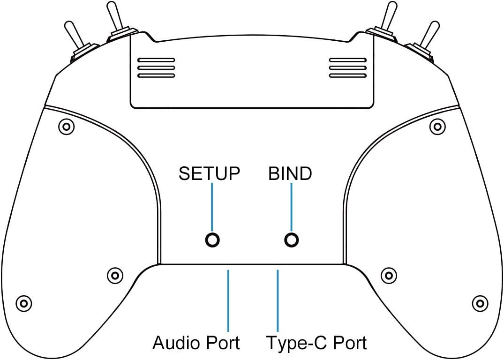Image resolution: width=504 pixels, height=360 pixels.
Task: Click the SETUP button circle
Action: [213, 240]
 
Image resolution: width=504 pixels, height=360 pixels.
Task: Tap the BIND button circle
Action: [292, 240]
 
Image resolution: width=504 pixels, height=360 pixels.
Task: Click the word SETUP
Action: [210, 174]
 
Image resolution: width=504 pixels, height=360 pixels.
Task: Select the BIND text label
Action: [290, 174]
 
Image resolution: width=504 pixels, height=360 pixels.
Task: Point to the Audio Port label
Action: [196, 343]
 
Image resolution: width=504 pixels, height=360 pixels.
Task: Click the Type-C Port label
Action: [316, 343]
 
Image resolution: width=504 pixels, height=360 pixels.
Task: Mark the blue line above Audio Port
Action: [228, 300]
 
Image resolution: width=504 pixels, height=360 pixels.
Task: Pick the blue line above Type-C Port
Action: [278, 300]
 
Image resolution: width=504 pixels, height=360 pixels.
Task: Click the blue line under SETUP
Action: [212, 206]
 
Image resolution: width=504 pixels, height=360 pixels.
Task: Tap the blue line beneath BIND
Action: [292, 206]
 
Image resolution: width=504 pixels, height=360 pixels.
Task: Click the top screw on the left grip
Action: [66, 126]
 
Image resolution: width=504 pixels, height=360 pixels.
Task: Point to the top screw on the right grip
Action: [437, 126]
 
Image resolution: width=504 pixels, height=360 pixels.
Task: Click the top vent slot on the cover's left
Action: [156, 60]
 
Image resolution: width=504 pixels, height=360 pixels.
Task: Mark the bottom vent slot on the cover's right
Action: [347, 75]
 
